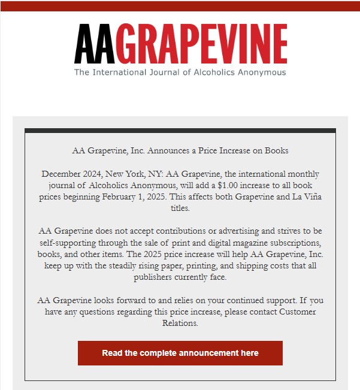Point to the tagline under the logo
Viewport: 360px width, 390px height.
click(x=180, y=72)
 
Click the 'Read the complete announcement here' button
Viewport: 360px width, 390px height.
click(x=180, y=353)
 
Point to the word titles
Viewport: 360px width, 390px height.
click(x=180, y=208)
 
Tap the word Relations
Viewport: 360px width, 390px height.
click(x=180, y=323)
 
